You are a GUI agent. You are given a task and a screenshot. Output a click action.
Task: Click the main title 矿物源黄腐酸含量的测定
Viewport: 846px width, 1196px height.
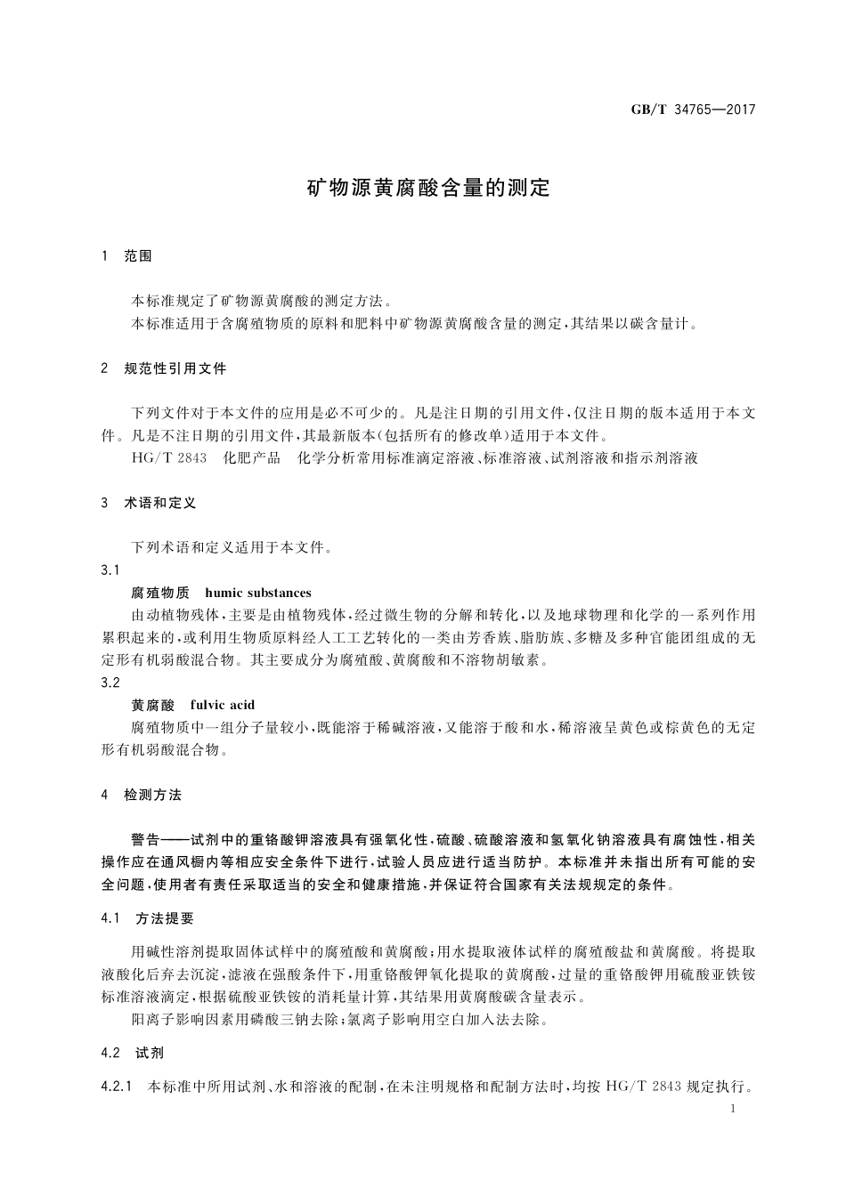point(429,189)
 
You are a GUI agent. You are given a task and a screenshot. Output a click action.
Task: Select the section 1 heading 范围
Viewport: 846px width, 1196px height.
point(138,256)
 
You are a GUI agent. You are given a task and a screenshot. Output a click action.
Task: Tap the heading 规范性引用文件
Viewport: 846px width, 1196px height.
point(175,368)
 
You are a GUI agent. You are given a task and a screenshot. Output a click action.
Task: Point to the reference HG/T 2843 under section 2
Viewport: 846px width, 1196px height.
point(168,458)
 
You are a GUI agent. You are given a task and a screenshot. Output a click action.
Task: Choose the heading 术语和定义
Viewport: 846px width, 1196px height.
point(160,503)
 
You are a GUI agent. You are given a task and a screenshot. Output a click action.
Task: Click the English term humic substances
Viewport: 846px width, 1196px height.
point(258,593)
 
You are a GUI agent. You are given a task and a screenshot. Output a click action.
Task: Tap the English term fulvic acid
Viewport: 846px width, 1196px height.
point(223,705)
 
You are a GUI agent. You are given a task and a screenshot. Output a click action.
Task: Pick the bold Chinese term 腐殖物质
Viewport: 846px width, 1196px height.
point(160,593)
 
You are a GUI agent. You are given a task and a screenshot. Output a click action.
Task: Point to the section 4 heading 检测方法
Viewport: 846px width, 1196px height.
point(152,795)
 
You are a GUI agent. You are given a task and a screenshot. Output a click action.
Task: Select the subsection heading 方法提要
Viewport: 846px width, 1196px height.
point(165,917)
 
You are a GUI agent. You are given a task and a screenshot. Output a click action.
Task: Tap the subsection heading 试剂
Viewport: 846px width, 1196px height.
point(150,1053)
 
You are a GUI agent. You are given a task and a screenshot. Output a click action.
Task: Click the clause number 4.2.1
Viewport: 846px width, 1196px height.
point(117,1087)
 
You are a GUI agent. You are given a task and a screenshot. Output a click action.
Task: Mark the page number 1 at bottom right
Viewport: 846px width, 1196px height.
point(732,1109)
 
